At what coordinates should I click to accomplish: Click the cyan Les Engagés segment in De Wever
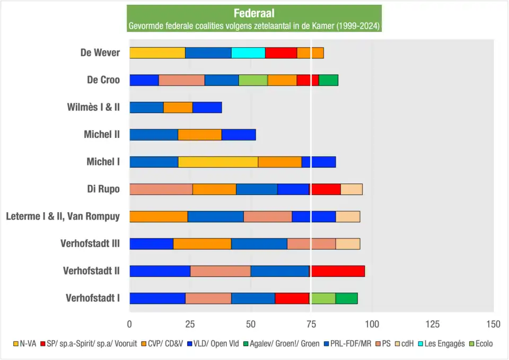pyautogui.click(x=248, y=52)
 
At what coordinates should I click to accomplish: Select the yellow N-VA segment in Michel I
pyautogui.click(x=218, y=162)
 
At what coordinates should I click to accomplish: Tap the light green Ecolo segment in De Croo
pyautogui.click(x=253, y=80)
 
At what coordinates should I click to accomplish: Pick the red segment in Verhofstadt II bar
pyautogui.click(x=338, y=271)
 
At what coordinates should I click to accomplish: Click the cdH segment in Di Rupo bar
pyautogui.click(x=351, y=189)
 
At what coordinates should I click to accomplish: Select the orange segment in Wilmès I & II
pyautogui.click(x=178, y=107)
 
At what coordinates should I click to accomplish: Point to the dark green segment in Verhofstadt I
pyautogui.click(x=346, y=298)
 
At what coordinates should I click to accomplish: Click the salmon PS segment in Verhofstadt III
pyautogui.click(x=311, y=244)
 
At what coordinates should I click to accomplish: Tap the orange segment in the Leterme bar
pyautogui.click(x=159, y=216)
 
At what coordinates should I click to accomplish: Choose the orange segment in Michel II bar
pyautogui.click(x=199, y=134)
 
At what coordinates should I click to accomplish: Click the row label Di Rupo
pyautogui.click(x=103, y=189)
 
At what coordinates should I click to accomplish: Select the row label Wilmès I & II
pyautogui.click(x=94, y=107)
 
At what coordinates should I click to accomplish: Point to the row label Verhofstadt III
pyautogui.click(x=90, y=243)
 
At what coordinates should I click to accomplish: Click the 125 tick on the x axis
pyautogui.click(x=433, y=324)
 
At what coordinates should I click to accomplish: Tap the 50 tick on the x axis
pyautogui.click(x=251, y=324)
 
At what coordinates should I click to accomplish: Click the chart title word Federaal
pyautogui.click(x=254, y=14)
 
